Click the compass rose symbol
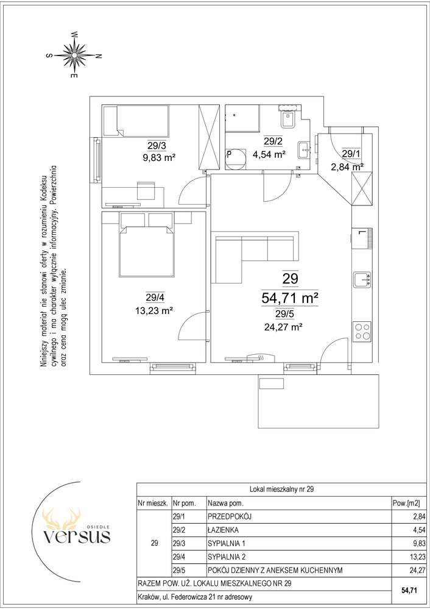pyautogui.click(x=74, y=54)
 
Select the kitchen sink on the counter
pyautogui.click(x=362, y=280)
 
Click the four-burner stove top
pyautogui.click(x=362, y=332)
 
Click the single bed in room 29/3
pyautogui.click(x=136, y=121)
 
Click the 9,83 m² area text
pyautogui.click(x=160, y=157)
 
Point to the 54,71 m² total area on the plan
pyautogui.click(x=290, y=298)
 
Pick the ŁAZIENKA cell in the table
pyautogui.click(x=223, y=530)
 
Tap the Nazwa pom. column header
pyautogui.click(x=226, y=504)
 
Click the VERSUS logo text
pyautogui.click(x=77, y=536)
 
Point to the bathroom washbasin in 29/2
pyautogui.click(x=305, y=149)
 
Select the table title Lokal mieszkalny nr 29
pyautogui.click(x=281, y=490)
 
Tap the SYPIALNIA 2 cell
pyautogui.click(x=227, y=557)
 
